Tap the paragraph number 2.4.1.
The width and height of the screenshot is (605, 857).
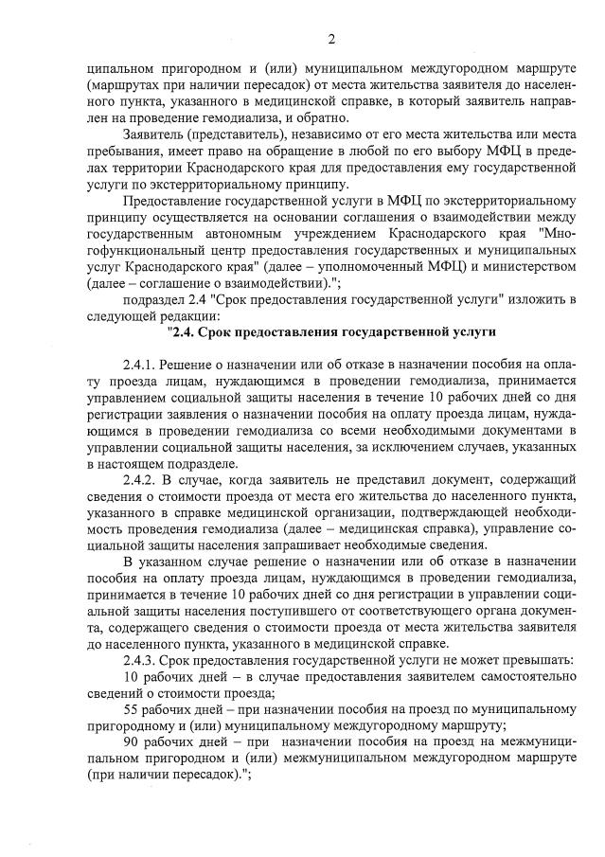[x=140, y=366]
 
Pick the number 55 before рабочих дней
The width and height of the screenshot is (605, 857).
[x=132, y=707]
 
